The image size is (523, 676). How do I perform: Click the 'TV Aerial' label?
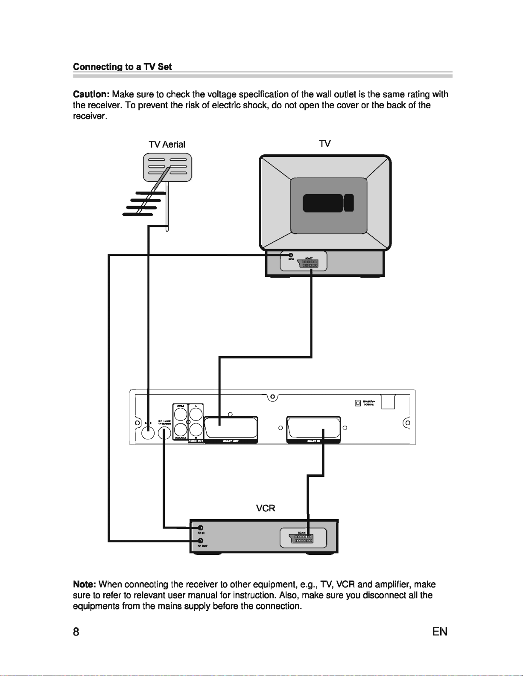[167, 144]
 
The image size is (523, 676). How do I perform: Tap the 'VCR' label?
[265, 508]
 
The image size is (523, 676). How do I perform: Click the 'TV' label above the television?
[324, 143]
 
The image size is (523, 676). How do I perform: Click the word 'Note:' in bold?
[85, 584]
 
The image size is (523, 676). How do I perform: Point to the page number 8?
[76, 632]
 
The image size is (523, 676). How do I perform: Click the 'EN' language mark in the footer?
[440, 632]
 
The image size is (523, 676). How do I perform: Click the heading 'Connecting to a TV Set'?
[123, 67]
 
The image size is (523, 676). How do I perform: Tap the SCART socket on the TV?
[310, 263]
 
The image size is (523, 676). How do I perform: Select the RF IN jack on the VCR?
[200, 528]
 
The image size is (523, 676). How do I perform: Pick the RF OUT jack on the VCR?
[200, 541]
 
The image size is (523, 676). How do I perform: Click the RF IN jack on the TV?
[291, 255]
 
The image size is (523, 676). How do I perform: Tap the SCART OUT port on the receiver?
[231, 428]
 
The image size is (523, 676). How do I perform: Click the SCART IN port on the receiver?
[313, 428]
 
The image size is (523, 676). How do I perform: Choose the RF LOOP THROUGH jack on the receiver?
[164, 434]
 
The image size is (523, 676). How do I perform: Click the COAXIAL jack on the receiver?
[179, 429]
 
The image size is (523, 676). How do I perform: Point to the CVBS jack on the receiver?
[179, 414]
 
